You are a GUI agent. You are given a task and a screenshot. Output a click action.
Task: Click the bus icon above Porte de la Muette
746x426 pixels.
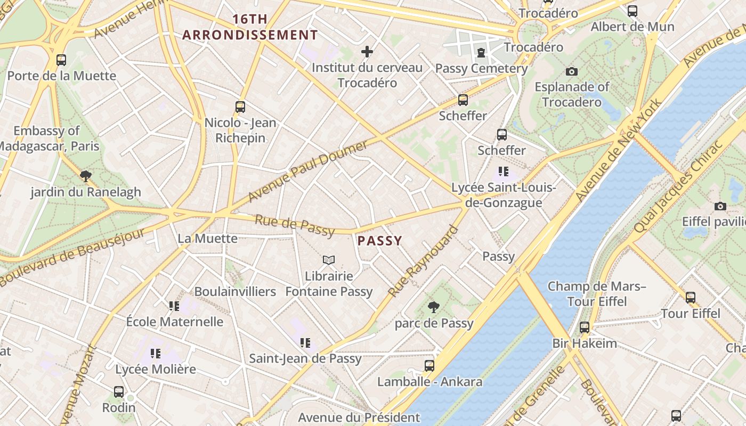click(x=61, y=60)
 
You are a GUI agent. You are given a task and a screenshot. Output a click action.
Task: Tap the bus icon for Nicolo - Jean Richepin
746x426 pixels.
click(x=240, y=106)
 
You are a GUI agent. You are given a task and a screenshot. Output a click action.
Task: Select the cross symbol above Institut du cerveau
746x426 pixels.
click(x=367, y=52)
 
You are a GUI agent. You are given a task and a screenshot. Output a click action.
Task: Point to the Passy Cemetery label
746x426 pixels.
click(x=481, y=68)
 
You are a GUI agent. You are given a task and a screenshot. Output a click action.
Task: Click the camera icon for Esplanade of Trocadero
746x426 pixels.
click(x=572, y=71)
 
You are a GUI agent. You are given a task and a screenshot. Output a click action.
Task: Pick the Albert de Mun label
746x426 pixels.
click(x=632, y=27)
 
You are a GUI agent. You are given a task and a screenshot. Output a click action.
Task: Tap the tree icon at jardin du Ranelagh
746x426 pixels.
click(x=85, y=176)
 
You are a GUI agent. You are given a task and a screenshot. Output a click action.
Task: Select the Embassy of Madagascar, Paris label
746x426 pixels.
click(x=48, y=138)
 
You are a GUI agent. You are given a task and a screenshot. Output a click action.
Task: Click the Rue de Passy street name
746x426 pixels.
click(x=295, y=225)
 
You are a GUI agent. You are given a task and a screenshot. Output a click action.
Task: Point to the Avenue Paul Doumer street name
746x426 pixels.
click(x=308, y=171)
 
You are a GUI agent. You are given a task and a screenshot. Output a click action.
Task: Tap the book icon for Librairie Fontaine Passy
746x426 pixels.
click(x=329, y=260)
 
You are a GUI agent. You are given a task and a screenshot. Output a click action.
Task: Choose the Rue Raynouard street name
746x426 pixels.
click(x=423, y=261)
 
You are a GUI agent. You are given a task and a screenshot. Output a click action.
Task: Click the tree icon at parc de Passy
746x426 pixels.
click(x=434, y=307)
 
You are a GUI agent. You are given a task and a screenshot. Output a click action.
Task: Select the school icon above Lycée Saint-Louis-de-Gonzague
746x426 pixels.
click(x=503, y=171)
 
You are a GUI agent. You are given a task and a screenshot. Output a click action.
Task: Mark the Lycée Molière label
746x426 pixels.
click(x=156, y=368)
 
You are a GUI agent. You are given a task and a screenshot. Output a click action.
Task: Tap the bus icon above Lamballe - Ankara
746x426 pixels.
click(x=429, y=365)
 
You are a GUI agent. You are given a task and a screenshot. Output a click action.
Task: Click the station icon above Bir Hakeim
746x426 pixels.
click(x=585, y=327)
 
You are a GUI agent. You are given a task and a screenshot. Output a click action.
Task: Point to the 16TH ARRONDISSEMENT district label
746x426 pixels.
click(x=250, y=27)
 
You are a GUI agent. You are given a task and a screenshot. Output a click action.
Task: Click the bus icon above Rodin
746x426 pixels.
click(x=119, y=391)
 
